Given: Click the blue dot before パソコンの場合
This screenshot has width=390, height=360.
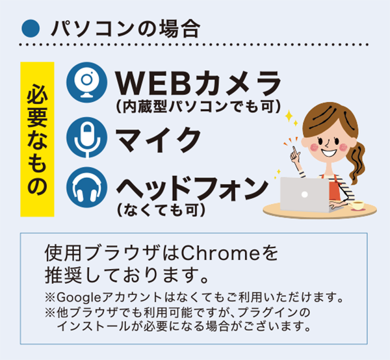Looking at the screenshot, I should click(28, 28).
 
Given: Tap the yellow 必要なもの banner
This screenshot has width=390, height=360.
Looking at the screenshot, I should click(37, 139).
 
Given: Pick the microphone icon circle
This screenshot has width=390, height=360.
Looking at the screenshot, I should click(86, 136).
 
